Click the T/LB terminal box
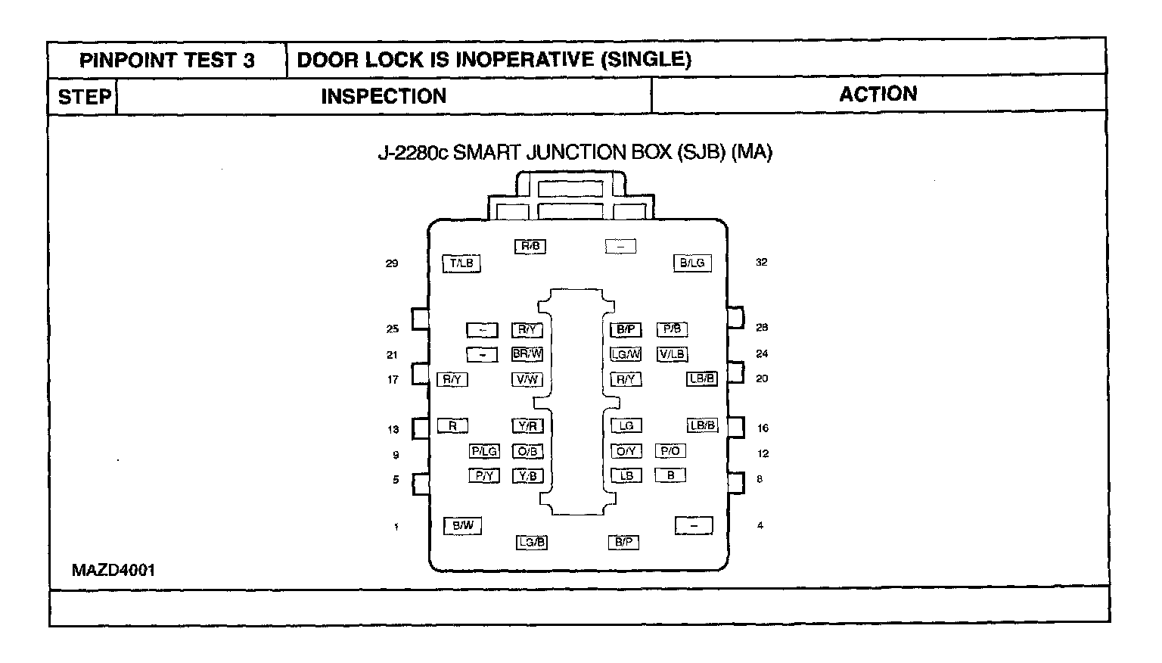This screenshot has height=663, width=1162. [461, 263]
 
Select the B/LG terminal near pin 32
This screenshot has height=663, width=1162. [691, 263]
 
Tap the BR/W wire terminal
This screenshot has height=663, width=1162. [527, 353]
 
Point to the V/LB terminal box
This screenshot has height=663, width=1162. [672, 353]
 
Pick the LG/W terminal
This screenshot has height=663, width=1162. [626, 353]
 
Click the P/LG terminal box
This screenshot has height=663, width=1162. [484, 451]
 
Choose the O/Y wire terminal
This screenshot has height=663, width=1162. [626, 451]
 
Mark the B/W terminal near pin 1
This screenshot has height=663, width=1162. [462, 525]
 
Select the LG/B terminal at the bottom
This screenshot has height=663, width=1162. [531, 542]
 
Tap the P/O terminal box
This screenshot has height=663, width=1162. [670, 451]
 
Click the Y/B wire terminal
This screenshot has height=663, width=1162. [528, 476]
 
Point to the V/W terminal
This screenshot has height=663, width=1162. [527, 379]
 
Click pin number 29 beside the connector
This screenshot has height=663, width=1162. [392, 264]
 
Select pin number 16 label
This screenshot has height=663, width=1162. [763, 428]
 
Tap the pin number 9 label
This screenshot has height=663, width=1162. [396, 456]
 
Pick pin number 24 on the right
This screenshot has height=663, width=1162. [762, 353]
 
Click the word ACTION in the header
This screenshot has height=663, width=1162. [878, 94]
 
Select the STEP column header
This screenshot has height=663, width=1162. [84, 97]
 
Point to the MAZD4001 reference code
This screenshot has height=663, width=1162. [113, 570]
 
